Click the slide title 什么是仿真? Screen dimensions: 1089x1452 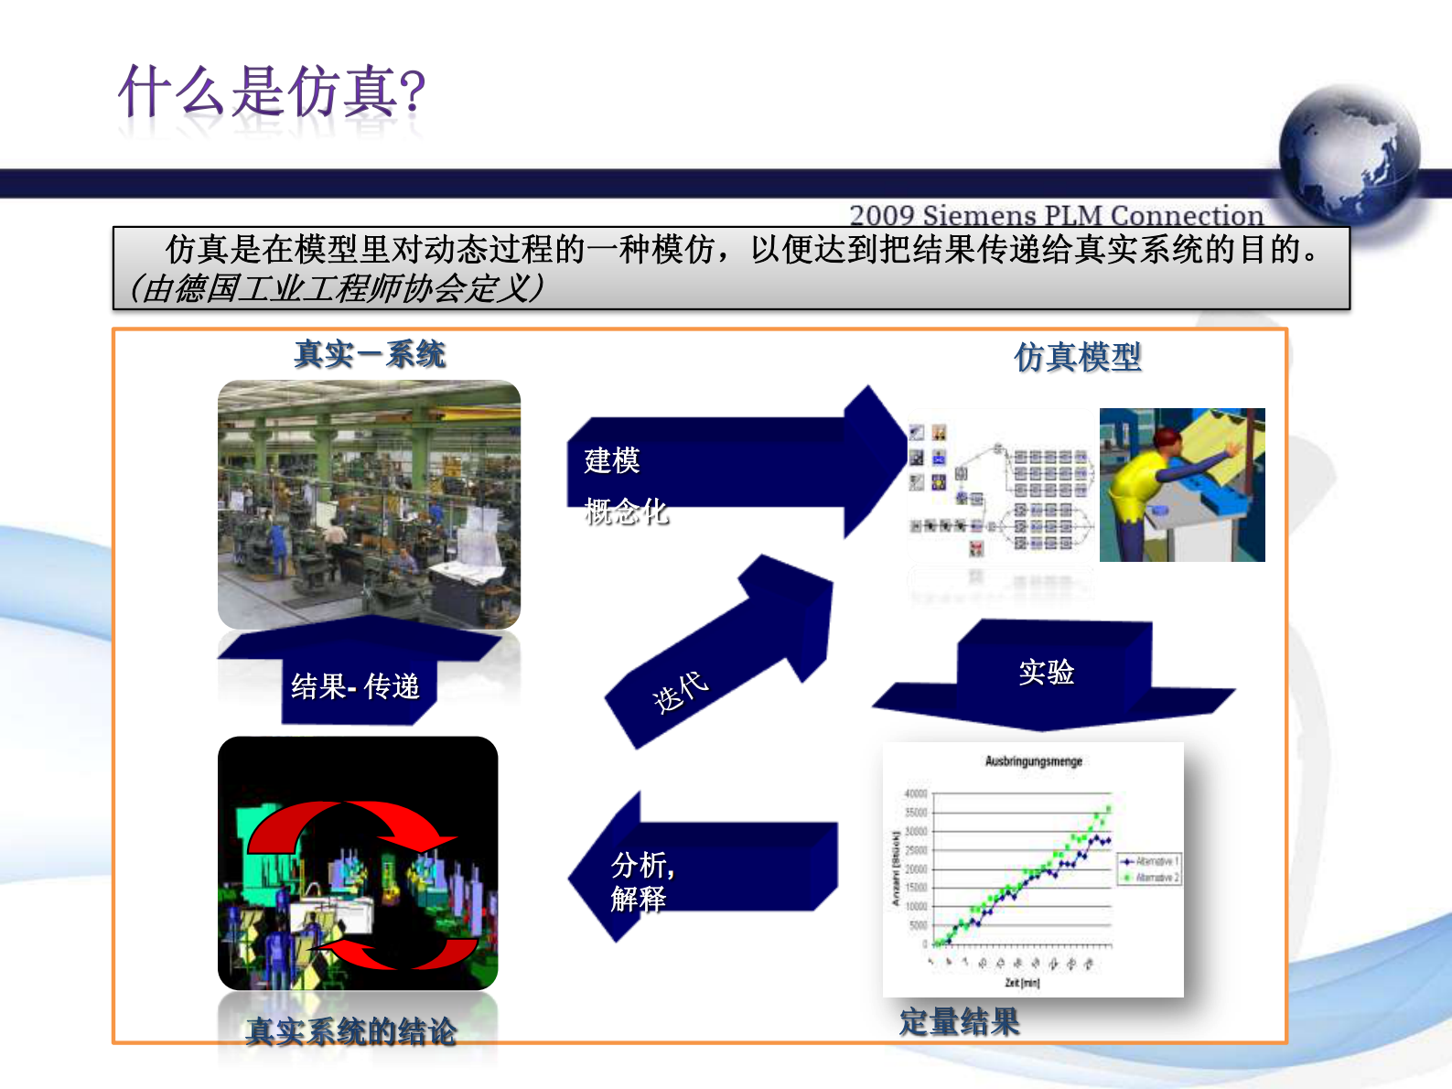272,92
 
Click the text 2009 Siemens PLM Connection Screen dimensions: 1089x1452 1056,215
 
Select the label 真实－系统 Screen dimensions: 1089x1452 370,354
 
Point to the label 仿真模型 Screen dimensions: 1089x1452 1077,357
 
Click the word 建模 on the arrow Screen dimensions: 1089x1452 612,459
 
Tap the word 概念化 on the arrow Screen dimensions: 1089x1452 626,511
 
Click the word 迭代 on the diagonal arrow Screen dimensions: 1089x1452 680,692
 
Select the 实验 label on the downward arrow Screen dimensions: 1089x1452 1046,672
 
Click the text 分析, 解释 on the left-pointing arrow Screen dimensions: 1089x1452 640,881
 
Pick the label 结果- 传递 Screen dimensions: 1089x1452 355,686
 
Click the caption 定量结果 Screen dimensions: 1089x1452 959,1021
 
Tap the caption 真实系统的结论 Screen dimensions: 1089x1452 351,1031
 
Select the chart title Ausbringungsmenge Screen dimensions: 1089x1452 1033,761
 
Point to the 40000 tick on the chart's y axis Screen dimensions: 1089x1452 915,793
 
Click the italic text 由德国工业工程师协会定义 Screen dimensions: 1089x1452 337,288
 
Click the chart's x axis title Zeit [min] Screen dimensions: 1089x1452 1022,983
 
